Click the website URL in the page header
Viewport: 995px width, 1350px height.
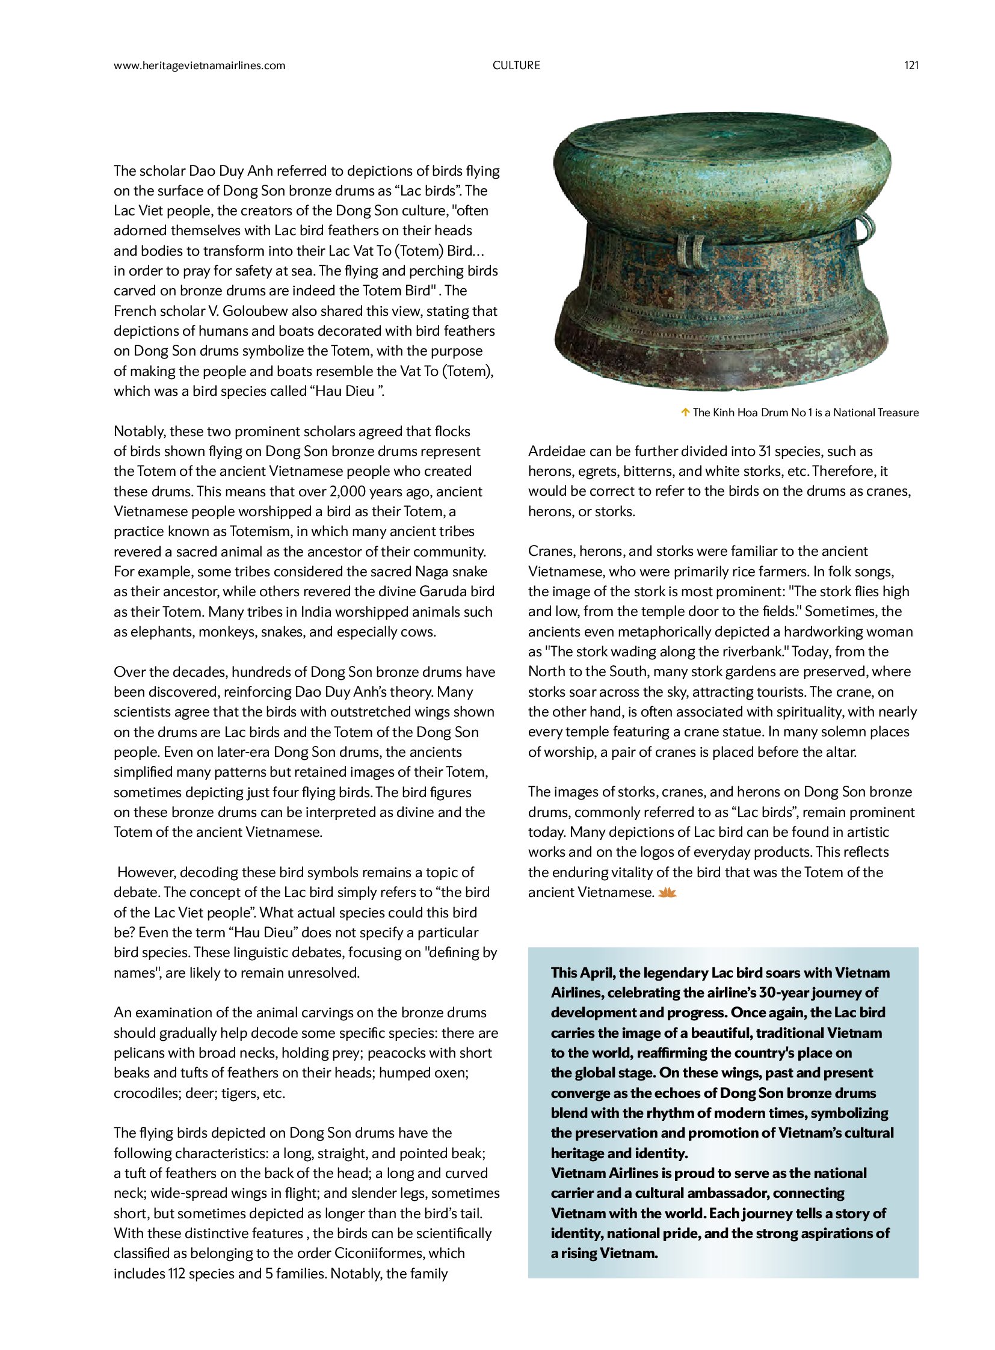pos(199,66)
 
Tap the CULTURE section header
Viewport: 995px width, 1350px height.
pos(516,66)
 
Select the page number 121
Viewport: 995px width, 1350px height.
pos(911,66)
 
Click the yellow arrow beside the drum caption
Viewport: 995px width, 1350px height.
pos(685,413)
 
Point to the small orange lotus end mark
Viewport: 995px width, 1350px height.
pos(667,893)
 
